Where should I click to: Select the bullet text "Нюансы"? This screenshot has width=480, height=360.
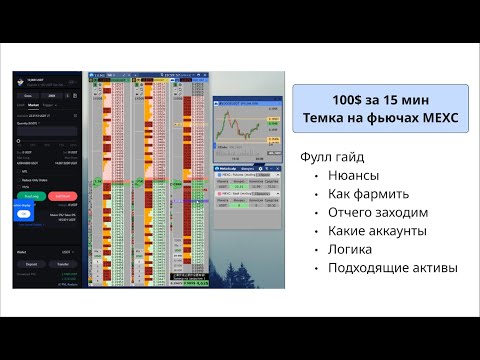(x=352, y=175)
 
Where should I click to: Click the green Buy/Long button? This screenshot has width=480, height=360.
(x=31, y=196)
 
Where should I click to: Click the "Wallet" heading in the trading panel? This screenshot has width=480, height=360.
(x=23, y=252)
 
